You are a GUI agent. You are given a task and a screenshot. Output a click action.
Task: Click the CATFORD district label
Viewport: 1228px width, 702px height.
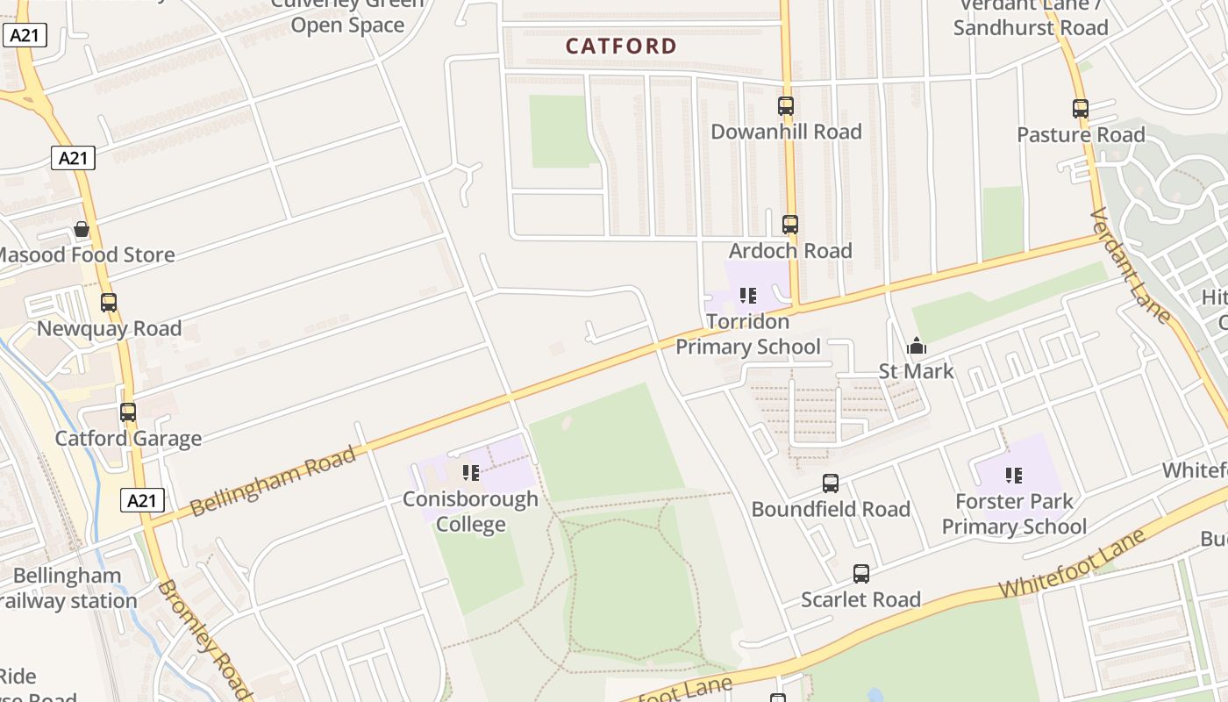click(x=621, y=46)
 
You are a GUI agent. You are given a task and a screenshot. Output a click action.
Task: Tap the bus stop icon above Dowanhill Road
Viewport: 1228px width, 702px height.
click(x=786, y=106)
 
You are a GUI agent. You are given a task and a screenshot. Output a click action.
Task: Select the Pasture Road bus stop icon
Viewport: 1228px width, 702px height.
click(x=1081, y=109)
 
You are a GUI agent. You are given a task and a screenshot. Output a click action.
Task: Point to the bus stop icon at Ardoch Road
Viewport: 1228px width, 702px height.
click(x=790, y=224)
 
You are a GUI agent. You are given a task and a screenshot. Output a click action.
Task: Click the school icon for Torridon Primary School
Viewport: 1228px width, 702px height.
click(x=747, y=295)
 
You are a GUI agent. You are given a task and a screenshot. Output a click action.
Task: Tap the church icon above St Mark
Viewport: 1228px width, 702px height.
click(x=917, y=346)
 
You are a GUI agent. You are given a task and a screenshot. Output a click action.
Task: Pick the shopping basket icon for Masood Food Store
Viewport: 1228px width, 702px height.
click(x=82, y=229)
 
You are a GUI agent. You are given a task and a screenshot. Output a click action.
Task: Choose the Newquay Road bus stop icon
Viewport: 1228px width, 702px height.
click(x=109, y=303)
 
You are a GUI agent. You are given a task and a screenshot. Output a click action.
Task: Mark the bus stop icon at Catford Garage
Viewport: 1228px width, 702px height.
click(x=128, y=412)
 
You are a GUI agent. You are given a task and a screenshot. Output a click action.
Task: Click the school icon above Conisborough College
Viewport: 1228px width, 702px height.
click(x=471, y=473)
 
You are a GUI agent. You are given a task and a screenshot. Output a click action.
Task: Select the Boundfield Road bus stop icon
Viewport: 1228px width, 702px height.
click(x=830, y=483)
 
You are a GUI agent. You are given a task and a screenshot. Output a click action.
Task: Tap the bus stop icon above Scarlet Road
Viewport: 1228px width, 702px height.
click(x=861, y=574)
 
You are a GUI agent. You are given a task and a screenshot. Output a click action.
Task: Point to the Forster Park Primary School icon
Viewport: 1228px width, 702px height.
click(x=1014, y=476)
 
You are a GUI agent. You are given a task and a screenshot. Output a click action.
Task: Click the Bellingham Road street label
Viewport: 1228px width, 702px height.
click(x=273, y=481)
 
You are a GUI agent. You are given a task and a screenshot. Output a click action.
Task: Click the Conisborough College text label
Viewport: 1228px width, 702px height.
click(x=471, y=512)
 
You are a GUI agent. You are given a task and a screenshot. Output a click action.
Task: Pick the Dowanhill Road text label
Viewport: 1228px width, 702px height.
click(x=786, y=132)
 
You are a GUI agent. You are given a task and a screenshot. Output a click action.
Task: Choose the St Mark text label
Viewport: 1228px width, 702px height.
click(x=917, y=371)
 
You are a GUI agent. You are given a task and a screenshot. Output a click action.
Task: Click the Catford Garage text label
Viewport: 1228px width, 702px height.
click(x=128, y=438)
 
